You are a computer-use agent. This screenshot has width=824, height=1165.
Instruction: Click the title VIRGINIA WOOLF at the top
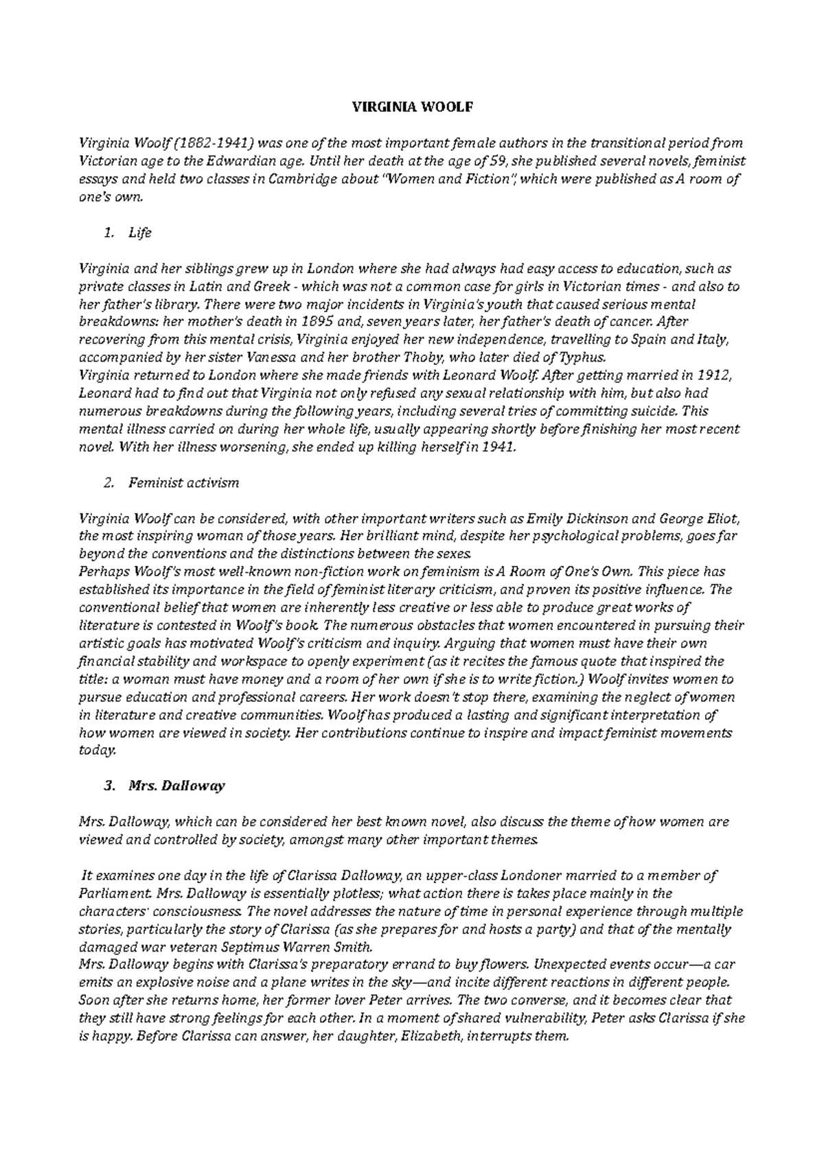tap(413, 107)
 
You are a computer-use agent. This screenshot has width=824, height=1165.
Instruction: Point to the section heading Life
tap(139, 233)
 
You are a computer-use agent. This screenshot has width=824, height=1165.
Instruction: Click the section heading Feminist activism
tap(183, 483)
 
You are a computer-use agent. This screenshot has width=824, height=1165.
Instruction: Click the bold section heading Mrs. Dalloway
tap(176, 786)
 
